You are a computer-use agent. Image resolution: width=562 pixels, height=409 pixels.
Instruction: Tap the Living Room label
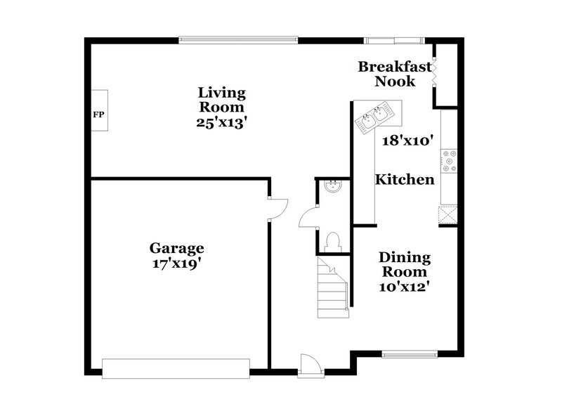click(221, 100)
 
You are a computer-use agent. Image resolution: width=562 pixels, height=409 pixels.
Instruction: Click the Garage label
click(176, 248)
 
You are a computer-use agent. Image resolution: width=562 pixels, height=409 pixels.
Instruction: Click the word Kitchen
click(404, 180)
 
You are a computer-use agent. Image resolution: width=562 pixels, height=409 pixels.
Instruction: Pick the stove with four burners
click(448, 162)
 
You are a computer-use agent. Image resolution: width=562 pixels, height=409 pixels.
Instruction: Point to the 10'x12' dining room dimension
click(404, 286)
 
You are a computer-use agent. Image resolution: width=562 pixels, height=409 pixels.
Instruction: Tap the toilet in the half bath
click(333, 242)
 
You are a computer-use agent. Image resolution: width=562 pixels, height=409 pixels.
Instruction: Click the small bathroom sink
click(333, 186)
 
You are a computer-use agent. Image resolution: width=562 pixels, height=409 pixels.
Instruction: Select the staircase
click(332, 288)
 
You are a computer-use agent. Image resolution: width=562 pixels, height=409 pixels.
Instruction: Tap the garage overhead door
click(176, 368)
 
